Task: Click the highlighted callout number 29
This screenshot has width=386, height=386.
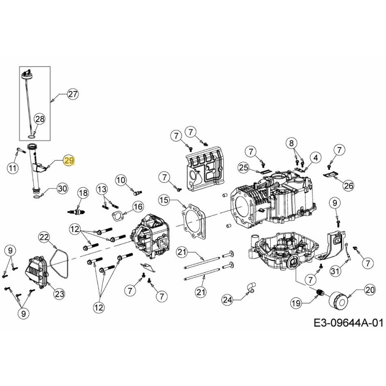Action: [69, 160]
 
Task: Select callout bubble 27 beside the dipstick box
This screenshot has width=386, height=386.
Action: [72, 95]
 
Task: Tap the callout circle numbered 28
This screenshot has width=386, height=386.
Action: [40, 119]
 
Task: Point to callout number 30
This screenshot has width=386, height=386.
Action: [62, 188]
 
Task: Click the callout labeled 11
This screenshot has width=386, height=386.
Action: [13, 168]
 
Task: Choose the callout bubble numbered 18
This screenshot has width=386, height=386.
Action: [83, 193]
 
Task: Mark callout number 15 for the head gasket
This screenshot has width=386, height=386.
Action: [164, 200]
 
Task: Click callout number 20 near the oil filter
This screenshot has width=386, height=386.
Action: [370, 290]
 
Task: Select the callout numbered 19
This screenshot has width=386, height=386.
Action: [296, 303]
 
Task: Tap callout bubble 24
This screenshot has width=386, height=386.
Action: [227, 300]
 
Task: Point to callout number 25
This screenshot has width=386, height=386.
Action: [244, 167]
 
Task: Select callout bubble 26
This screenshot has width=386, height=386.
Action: [348, 184]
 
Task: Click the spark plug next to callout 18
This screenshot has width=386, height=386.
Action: [77, 212]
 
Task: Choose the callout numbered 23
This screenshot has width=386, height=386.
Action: [59, 293]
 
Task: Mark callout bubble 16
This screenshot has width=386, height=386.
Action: [138, 207]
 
